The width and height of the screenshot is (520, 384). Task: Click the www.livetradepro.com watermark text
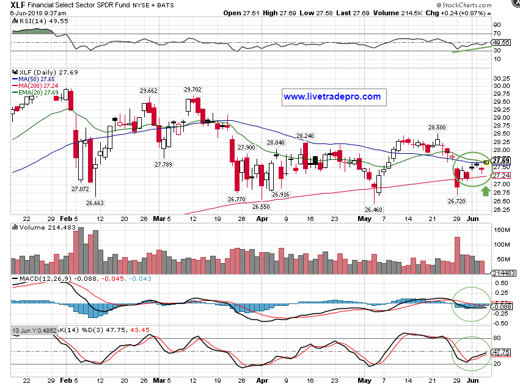click(332, 96)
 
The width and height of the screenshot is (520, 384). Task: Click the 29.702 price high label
click(192, 89)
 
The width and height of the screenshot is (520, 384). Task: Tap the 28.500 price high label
click(436, 128)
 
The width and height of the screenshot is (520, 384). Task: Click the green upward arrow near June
click(485, 192)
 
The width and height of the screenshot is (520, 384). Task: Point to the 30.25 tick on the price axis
click(502, 78)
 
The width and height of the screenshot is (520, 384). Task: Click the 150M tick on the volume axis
click(502, 230)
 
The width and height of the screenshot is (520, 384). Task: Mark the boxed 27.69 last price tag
click(502, 161)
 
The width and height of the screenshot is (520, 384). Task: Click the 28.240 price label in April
click(304, 136)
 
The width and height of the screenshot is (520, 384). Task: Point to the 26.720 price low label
click(457, 201)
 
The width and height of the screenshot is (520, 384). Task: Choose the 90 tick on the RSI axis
click(497, 26)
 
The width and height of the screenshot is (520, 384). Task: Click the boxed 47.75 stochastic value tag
click(502, 352)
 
